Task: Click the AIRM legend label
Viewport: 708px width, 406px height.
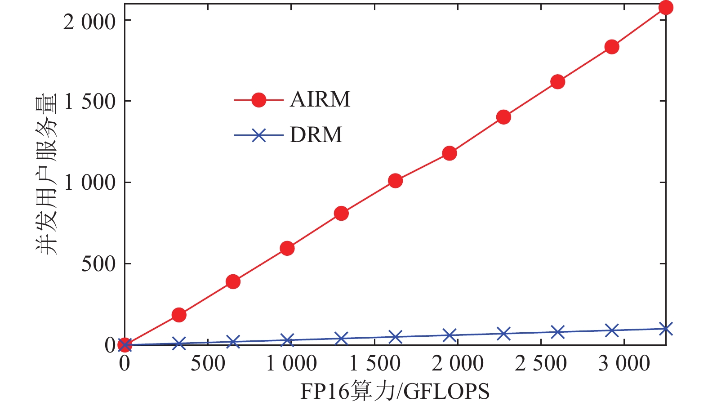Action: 320,99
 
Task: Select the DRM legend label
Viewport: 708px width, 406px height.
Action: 316,135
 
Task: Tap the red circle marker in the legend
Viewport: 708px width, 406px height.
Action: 259,100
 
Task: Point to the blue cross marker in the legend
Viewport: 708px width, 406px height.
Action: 259,135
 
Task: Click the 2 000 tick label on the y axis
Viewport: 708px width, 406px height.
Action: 89,22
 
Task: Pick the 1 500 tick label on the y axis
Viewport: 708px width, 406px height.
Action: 90,102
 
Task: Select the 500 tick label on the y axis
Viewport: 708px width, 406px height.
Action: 98,264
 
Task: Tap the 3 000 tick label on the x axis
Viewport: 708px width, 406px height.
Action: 624,363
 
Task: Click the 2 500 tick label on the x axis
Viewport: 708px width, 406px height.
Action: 541,363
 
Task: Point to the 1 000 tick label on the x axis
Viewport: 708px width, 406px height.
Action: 291,363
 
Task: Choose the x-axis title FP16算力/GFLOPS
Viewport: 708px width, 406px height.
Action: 395,391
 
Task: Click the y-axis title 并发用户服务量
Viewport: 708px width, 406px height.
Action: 47,174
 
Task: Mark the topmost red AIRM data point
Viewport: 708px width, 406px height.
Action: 666,8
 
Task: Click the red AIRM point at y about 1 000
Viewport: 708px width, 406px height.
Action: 395,181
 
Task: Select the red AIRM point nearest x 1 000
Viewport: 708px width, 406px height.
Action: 287,248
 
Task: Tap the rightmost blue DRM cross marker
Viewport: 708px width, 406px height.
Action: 666,329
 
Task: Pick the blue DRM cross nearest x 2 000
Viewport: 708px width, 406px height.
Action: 450,335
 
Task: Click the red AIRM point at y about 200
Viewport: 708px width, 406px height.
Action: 179,315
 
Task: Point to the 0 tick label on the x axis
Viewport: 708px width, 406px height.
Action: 125,363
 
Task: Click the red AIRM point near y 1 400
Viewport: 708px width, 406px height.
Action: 503,117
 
